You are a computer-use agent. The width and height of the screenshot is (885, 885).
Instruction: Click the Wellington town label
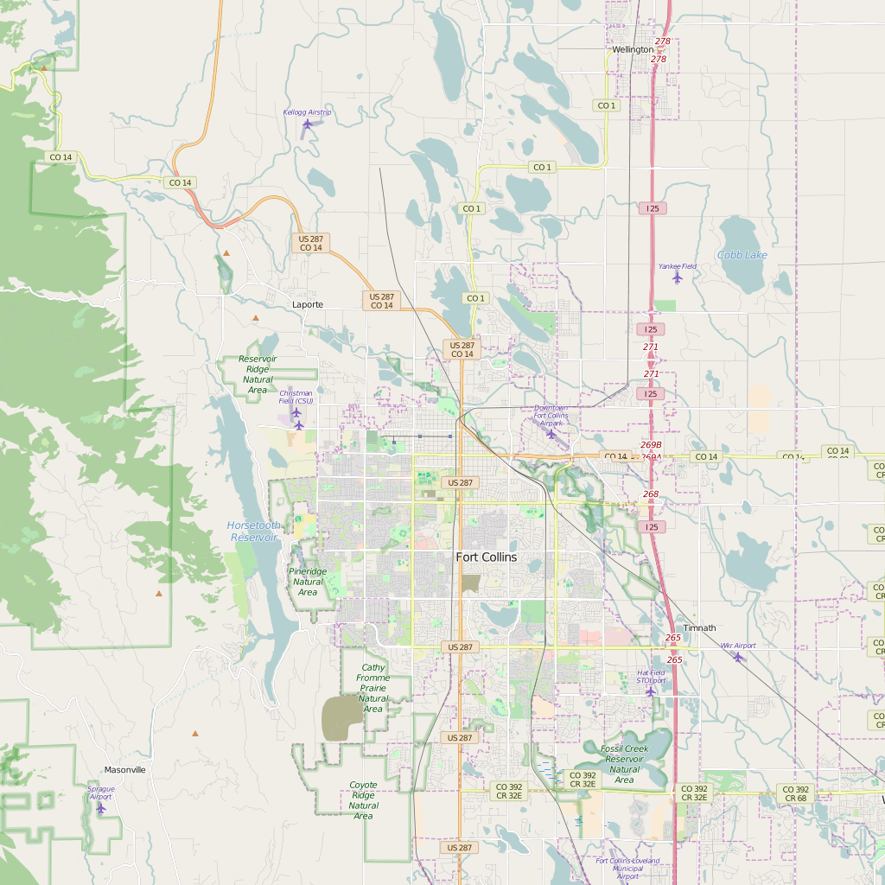click(x=633, y=50)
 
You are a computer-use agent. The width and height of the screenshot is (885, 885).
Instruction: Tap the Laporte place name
click(x=308, y=304)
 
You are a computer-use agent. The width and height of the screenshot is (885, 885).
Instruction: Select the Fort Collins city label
click(x=486, y=557)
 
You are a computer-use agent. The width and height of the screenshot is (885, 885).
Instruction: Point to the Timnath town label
click(x=699, y=627)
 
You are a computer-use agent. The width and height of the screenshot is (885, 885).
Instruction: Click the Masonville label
click(x=125, y=769)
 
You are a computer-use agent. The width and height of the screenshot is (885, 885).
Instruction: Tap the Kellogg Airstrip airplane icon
click(x=308, y=124)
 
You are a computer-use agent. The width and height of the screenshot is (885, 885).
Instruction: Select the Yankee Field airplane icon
click(x=677, y=277)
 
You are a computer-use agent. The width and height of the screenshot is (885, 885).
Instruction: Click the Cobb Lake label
click(x=742, y=255)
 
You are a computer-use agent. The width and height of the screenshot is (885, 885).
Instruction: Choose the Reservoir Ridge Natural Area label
click(x=258, y=374)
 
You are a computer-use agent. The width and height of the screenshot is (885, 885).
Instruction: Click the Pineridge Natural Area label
click(x=308, y=582)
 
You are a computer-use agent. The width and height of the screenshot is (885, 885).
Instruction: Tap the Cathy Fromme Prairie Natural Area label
click(x=373, y=688)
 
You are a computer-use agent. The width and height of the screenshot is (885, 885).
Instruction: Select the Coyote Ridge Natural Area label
click(x=363, y=800)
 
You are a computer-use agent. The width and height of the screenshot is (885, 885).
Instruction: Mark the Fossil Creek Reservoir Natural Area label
click(x=625, y=764)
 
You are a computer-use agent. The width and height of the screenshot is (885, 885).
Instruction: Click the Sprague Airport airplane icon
click(x=101, y=808)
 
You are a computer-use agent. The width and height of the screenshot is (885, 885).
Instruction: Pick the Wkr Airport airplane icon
click(x=737, y=657)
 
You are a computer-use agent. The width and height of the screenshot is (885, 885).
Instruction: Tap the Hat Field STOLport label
click(x=652, y=676)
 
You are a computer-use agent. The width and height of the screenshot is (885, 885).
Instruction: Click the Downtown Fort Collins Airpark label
click(x=551, y=415)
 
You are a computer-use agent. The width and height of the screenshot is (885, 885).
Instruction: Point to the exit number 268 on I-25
click(x=651, y=494)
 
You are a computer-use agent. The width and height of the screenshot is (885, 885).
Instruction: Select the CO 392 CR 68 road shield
click(x=795, y=793)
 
